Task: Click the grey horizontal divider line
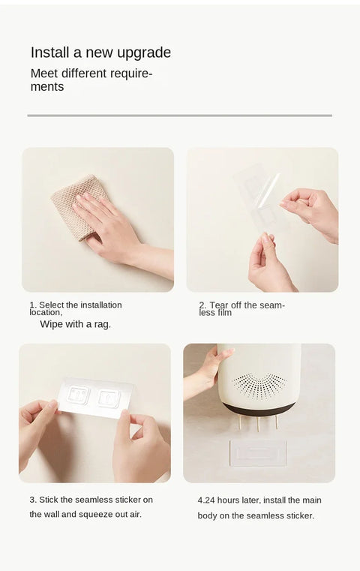tap(180, 116)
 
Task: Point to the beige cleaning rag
tap(78, 206)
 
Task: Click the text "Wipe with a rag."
tap(75, 324)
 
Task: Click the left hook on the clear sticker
tap(79, 395)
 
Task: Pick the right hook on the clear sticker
tap(109, 398)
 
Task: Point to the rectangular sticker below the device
tap(258, 452)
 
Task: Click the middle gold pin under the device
tap(258, 424)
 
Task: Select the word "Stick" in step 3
tap(49, 500)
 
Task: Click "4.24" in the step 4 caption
tap(206, 500)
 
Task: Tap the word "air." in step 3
tap(136, 515)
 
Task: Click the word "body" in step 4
tap(206, 515)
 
